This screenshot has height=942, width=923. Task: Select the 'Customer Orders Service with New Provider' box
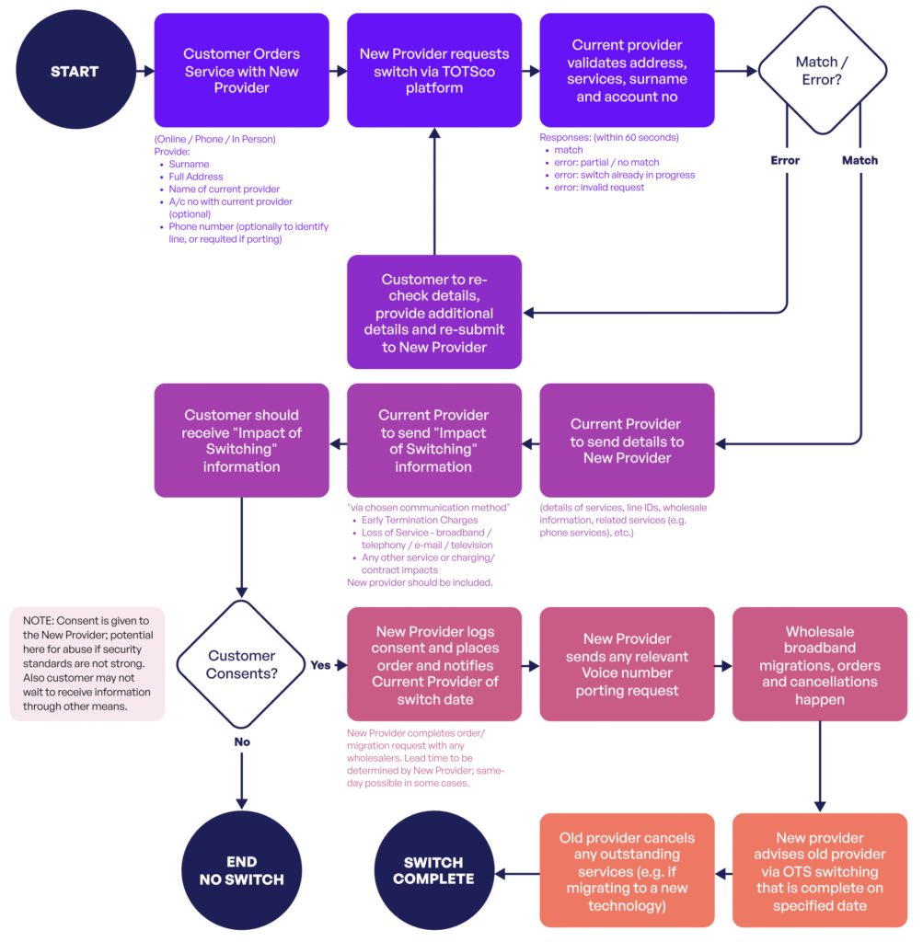241,71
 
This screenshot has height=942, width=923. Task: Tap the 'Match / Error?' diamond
822,71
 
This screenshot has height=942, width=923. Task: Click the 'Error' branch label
785,160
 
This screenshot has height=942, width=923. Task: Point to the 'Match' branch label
860,160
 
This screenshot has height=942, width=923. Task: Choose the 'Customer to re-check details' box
433,312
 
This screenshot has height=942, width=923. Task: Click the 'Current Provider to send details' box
627,441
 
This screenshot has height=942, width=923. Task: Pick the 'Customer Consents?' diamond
241,664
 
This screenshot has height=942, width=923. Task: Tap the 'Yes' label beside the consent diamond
320,665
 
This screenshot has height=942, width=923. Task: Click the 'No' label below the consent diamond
241,741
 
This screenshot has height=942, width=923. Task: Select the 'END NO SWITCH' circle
241,870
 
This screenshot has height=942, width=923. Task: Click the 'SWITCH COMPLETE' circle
433,870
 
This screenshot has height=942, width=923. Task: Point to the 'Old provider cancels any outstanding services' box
627,870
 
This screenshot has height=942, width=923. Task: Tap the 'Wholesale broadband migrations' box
819,664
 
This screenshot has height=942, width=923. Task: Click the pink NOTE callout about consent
87,663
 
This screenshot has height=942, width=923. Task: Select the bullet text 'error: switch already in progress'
624,175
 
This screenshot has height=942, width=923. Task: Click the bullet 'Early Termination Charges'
419,521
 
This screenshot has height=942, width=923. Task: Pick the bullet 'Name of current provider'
225,189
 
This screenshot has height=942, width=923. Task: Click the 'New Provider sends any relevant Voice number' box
627,664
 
